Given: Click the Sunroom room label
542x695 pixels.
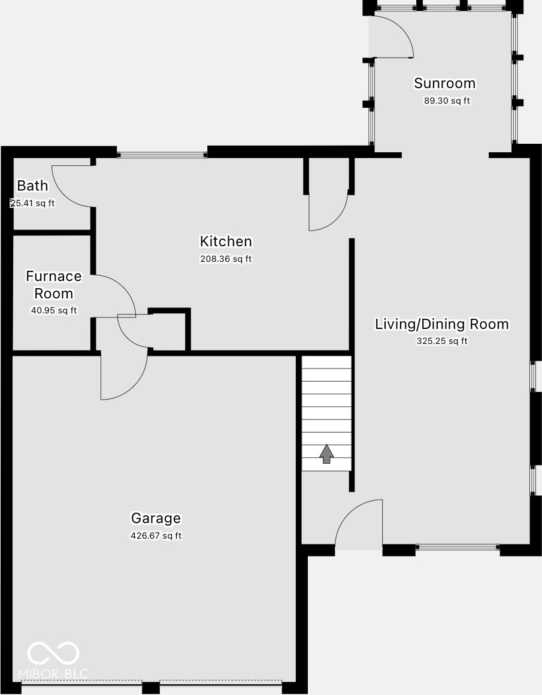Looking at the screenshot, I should tap(444, 83).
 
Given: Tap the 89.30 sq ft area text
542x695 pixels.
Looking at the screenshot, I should tap(447, 101).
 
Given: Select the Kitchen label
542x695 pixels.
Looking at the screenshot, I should tap(226, 241).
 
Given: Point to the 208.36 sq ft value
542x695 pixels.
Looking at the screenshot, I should tap(226, 259).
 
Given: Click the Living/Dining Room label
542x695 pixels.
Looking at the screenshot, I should tap(441, 324).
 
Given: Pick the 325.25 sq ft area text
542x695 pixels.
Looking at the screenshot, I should tap(442, 341).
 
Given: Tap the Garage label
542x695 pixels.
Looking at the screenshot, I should tap(156, 518).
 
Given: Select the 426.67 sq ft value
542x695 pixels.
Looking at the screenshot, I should tap(156, 536).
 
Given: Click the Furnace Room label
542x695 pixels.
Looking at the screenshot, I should tap(54, 285).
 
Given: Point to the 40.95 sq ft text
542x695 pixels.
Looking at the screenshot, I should tap(54, 310).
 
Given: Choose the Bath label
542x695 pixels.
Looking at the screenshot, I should tap(32, 186).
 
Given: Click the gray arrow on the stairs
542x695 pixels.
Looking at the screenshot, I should tap(326, 454).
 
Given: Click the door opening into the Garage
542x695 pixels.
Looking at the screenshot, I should tap(123, 376).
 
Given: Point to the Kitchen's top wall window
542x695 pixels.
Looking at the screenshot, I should tap(162, 155).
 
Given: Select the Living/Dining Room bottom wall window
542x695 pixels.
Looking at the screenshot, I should tap(458, 547).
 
